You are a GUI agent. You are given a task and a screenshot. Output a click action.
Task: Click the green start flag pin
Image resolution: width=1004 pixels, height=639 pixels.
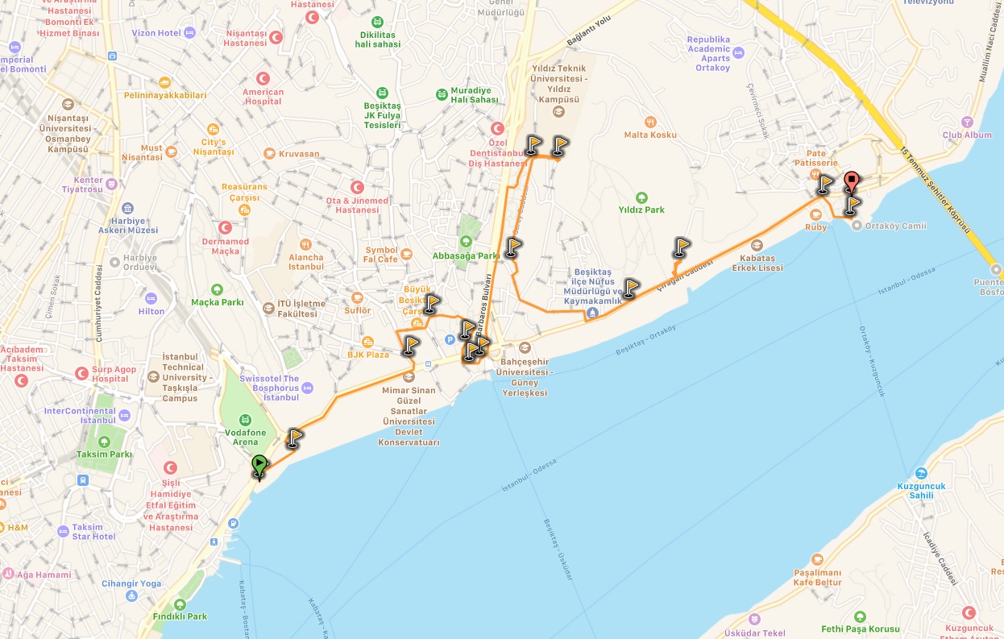click(x=259, y=466)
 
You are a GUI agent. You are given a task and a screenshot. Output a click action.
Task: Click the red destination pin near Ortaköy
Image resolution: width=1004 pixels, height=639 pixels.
click(x=851, y=182)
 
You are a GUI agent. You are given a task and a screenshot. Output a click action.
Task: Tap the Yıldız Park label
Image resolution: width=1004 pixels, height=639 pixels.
click(x=641, y=210)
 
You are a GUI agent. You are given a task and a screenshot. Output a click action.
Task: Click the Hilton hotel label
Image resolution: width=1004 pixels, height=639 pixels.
click(x=151, y=311)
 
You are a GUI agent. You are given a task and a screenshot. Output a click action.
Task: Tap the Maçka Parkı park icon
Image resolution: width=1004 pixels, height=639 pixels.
click(x=216, y=289)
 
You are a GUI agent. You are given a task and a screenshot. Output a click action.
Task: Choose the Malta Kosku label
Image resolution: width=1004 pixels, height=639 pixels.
click(x=650, y=135)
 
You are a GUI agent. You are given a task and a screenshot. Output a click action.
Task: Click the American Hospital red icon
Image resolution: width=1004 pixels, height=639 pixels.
click(x=263, y=78)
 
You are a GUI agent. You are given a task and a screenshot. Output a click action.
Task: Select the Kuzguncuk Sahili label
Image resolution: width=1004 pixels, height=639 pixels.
click(x=920, y=491)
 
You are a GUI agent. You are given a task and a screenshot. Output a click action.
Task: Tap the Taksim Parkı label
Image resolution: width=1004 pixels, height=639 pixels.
click(x=103, y=454)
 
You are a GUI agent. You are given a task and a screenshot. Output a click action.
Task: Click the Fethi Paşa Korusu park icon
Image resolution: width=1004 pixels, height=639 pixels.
click(x=860, y=616)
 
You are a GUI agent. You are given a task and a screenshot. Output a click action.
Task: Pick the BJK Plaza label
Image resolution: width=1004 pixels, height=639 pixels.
click(x=368, y=355)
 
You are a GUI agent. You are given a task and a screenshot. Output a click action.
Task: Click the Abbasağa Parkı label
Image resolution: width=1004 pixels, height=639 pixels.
click(x=466, y=256)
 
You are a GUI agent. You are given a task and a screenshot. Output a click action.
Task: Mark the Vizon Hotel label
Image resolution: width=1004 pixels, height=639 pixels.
click(x=157, y=33)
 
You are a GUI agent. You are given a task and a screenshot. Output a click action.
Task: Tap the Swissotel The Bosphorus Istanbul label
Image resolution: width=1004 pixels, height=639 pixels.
click(x=270, y=388)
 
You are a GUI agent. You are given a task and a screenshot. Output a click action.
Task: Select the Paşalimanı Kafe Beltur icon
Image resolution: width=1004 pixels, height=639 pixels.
click(x=817, y=559)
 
